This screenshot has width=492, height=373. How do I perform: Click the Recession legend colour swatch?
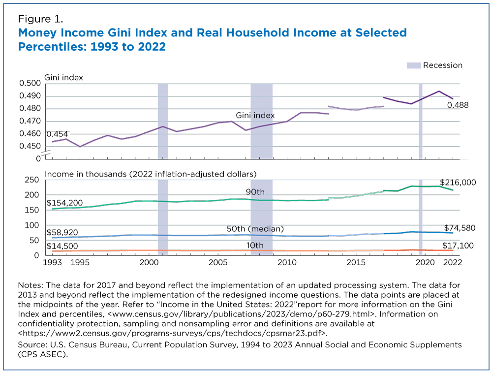tap(414, 65)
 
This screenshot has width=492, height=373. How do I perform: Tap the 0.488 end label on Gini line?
tap(458, 105)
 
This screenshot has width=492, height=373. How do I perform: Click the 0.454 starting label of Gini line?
tap(57, 134)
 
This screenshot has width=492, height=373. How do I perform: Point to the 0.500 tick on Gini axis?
tap(30, 83)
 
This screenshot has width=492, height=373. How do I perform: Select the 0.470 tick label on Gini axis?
tap(30, 121)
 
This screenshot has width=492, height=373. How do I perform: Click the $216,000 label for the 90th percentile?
tap(458, 183)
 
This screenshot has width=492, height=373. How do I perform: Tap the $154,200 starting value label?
tap(64, 203)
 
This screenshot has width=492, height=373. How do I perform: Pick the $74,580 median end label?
tap(460, 228)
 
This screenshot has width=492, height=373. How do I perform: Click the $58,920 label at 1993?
tap(62, 232)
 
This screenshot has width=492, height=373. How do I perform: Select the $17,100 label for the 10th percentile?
tap(458, 246)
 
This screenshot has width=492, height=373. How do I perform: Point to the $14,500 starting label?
tap(62, 246)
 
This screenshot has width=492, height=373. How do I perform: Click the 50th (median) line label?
tap(255, 229)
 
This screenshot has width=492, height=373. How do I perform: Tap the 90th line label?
tap(255, 192)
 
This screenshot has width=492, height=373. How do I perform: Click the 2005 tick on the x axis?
tap(218, 263)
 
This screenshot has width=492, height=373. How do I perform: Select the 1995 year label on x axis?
tap(80, 263)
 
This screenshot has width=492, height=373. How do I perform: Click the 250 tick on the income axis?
tap(31, 180)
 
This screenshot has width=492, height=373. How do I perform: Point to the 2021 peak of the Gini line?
tap(439, 92)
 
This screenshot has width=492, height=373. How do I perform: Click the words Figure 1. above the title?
tap(40, 19)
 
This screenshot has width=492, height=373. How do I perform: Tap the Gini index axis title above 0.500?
tap(63, 78)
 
